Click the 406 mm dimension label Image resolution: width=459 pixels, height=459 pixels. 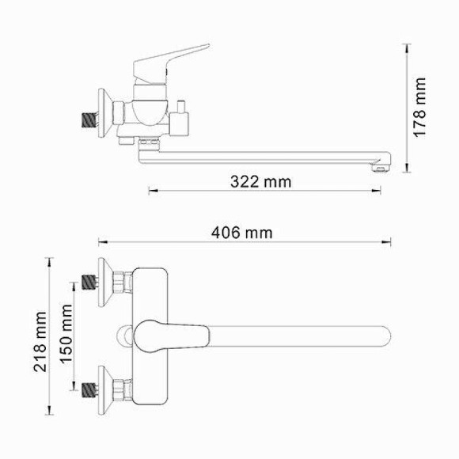[242, 233]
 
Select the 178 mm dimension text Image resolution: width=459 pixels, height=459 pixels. [420, 107]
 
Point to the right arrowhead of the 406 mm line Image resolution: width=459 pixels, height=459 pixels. [390, 242]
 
